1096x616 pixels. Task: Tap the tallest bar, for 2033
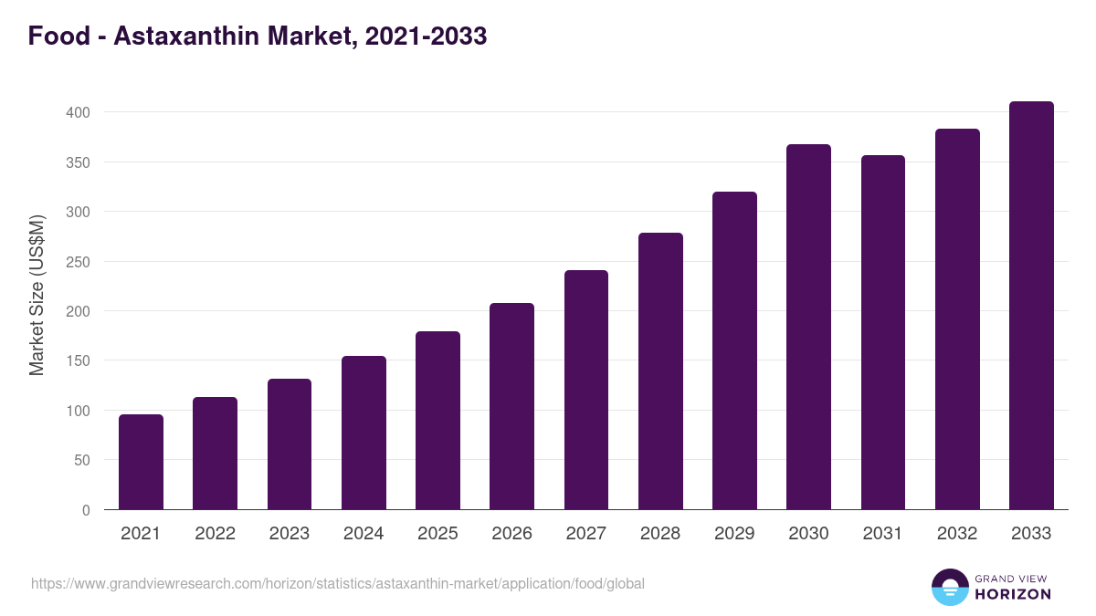point(1031,306)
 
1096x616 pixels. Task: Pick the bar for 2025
point(437,421)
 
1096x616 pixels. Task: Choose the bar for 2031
point(882,332)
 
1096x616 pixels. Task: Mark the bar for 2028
point(660,371)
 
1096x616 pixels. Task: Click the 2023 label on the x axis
point(289,534)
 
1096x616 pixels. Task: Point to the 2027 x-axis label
point(585,534)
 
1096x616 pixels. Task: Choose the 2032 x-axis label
point(956,534)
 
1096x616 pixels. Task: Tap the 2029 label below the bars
point(734,534)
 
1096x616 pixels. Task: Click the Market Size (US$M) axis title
point(37,295)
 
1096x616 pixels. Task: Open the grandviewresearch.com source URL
point(337,583)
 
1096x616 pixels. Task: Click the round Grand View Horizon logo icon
point(949,587)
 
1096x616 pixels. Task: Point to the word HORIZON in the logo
point(1013,594)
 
